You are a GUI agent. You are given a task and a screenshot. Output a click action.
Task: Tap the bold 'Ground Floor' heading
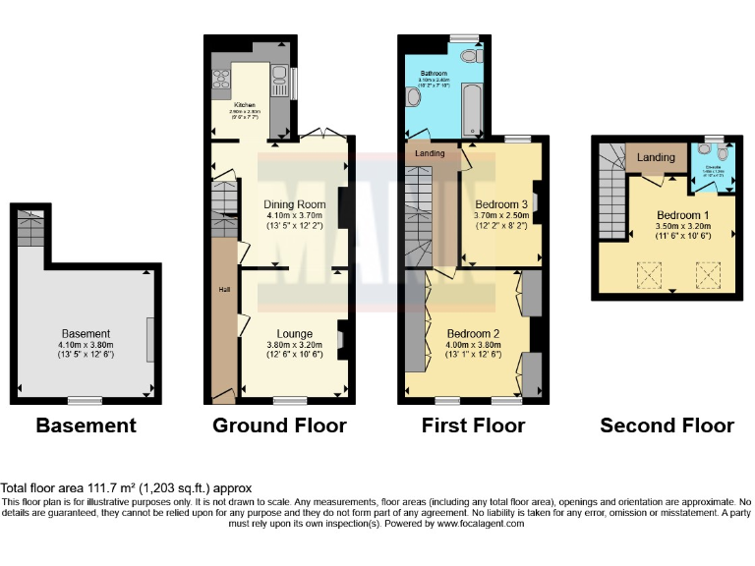pyautogui.click(x=279, y=425)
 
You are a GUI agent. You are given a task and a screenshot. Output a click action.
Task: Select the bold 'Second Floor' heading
pyautogui.click(x=667, y=425)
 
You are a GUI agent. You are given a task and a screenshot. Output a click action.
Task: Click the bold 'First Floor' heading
pyautogui.click(x=473, y=425)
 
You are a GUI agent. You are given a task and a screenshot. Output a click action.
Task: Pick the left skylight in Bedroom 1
pyautogui.click(x=648, y=276)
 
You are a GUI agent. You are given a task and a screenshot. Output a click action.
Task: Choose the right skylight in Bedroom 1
pyautogui.click(x=708, y=276)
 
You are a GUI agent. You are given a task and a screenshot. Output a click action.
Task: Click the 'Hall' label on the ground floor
pyautogui.click(x=223, y=290)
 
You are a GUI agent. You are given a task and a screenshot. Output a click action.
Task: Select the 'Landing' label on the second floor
pyautogui.click(x=656, y=157)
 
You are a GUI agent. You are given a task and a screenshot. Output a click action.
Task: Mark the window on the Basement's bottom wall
pyautogui.click(x=85, y=399)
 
